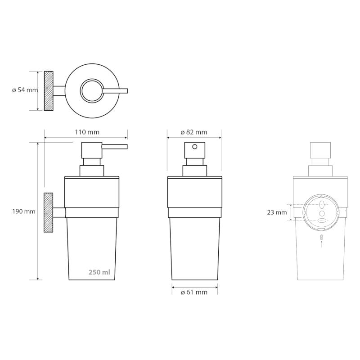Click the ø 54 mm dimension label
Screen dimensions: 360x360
[25, 90]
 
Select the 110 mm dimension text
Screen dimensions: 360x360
[87, 132]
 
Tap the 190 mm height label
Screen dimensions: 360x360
[24, 211]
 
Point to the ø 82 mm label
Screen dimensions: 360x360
[194, 132]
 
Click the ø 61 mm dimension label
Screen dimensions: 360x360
[194, 292]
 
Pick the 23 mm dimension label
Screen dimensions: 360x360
[277, 212]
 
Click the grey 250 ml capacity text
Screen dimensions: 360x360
[99, 272]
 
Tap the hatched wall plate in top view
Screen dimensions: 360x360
[49, 91]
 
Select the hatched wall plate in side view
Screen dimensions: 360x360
[49, 212]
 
